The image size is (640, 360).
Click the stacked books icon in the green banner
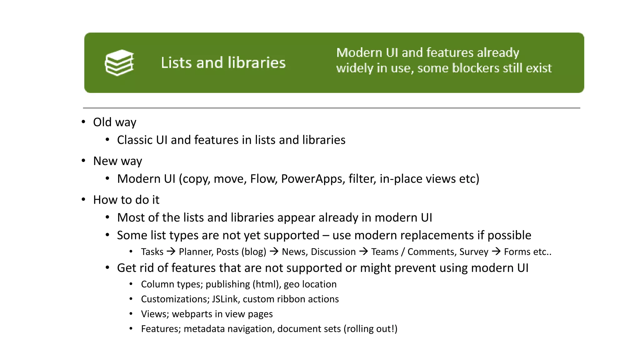(x=119, y=62)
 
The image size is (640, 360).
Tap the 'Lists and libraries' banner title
(x=223, y=62)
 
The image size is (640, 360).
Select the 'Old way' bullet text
(x=115, y=122)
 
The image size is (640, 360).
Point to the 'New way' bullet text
(x=117, y=161)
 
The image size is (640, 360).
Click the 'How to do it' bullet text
(x=126, y=200)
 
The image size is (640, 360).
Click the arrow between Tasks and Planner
(x=171, y=251)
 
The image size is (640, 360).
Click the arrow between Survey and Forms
(x=496, y=251)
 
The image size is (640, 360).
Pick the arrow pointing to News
(x=274, y=251)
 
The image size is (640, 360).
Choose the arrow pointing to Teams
(x=363, y=251)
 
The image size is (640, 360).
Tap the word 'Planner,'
(x=196, y=252)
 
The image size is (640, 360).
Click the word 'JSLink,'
(x=226, y=299)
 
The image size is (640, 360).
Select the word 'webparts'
(x=192, y=314)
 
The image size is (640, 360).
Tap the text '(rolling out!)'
(x=370, y=329)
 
